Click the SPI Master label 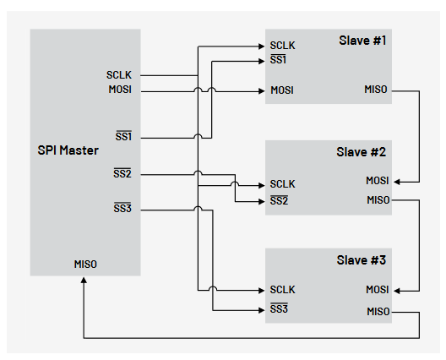[68, 150]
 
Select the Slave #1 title [362, 41]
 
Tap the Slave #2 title [362, 153]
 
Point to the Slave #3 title [362, 259]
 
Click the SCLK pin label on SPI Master [119, 75]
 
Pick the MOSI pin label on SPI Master [119, 90]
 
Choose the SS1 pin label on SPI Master [122, 136]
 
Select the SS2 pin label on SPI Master [122, 174]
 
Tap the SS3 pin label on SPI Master [122, 207]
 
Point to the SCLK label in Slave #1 [282, 46]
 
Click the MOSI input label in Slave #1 [282, 90]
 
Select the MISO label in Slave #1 [377, 90]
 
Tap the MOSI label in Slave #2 [377, 180]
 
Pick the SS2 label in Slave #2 [279, 200]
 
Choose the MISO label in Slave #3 [377, 312]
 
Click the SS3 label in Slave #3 [279, 309]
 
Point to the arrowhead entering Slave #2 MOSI [398, 180]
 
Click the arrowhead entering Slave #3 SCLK [261, 290]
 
